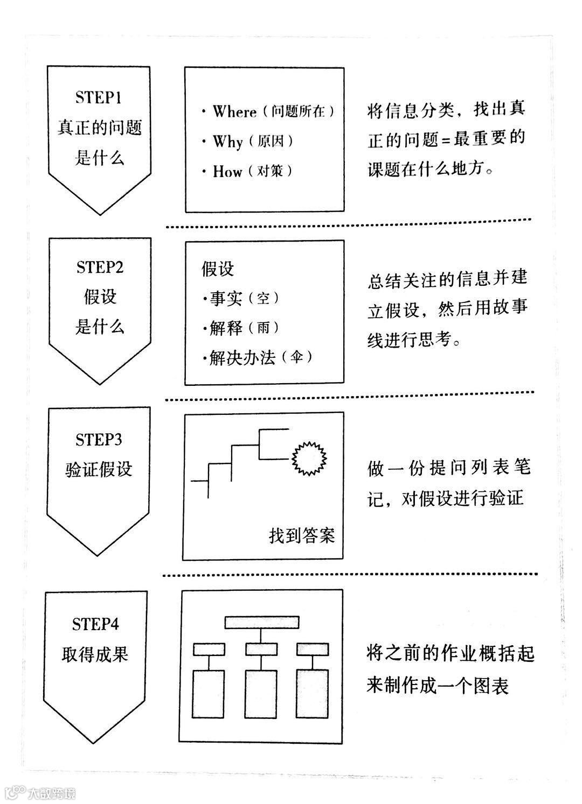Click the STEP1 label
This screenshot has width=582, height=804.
(x=99, y=97)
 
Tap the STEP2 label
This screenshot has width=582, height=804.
(x=100, y=267)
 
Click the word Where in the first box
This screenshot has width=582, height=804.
(x=234, y=111)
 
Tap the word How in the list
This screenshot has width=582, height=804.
(x=227, y=171)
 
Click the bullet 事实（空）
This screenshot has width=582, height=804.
(x=241, y=298)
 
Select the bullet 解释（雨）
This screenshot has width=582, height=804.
(x=241, y=328)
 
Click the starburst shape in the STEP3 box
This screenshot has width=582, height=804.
(x=310, y=458)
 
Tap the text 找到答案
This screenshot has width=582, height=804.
(x=302, y=535)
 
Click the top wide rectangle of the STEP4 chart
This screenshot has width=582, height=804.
(x=262, y=622)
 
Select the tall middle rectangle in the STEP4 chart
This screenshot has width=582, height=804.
(x=261, y=692)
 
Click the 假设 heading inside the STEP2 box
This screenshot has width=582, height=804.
(x=218, y=269)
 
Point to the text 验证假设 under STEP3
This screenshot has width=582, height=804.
(x=99, y=469)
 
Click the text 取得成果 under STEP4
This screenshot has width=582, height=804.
(x=95, y=655)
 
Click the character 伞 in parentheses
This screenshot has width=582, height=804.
(x=296, y=358)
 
